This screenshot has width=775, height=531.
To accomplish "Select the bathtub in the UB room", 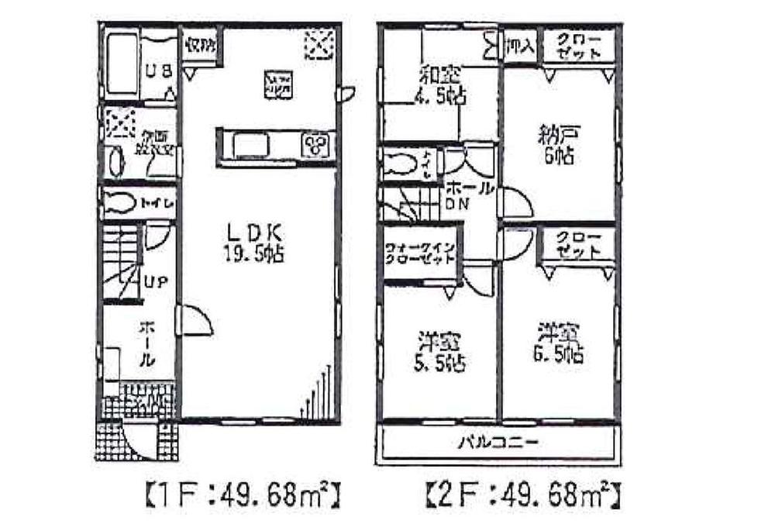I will tap(121, 64).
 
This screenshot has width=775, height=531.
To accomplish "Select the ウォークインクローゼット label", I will tap(418, 254).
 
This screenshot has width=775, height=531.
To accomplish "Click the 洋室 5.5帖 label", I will tap(439, 350).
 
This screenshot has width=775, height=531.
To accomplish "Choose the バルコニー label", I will tap(498, 443).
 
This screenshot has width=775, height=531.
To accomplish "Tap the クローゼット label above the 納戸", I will tap(579, 46).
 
